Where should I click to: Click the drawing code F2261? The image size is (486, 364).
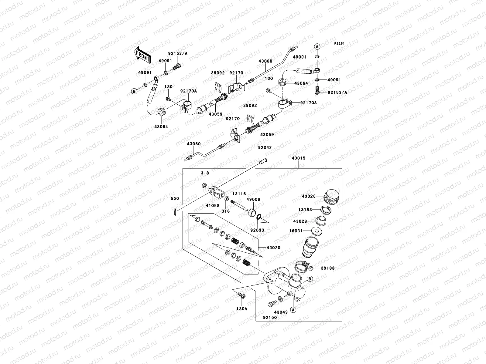tap(339, 44)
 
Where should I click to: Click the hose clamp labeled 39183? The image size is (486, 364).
tap(302, 267)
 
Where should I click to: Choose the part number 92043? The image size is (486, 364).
tap(265, 147)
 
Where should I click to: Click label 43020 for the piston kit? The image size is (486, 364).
tap(273, 248)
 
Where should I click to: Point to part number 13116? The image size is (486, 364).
tap(239, 194)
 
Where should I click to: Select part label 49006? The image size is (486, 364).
tap(253, 200)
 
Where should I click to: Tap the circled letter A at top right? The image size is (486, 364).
tap(317, 46)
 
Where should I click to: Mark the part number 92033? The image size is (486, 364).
tap(257, 230)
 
